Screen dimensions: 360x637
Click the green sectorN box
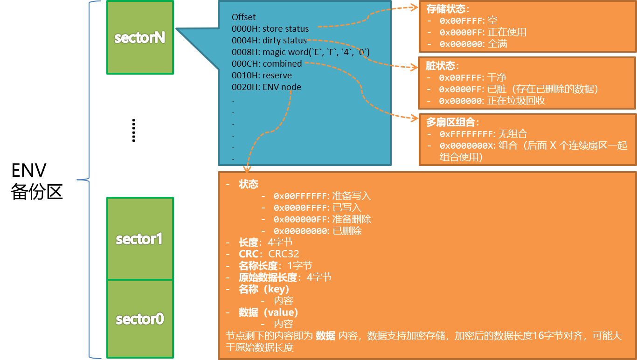click(140, 37)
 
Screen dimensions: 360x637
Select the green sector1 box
click(140, 239)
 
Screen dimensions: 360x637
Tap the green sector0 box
click(140, 319)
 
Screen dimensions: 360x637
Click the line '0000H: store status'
click(270, 29)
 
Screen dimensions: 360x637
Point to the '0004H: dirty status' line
click(269, 41)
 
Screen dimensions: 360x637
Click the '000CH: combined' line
click(267, 64)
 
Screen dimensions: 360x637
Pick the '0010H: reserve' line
click(262, 76)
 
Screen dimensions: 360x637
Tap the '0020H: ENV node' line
click(266, 87)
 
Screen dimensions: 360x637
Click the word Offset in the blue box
click(244, 17)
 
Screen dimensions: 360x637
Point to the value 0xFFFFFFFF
click(466, 134)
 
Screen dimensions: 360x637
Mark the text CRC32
click(284, 254)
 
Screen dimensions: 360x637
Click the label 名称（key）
click(264, 289)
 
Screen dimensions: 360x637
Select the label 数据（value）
click(268, 312)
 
